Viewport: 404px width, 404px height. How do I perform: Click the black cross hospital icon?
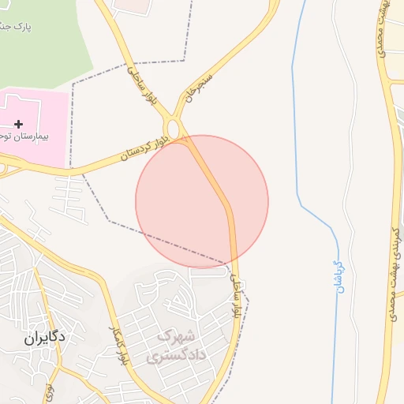(18, 124)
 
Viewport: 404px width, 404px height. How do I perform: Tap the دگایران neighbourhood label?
(39, 336)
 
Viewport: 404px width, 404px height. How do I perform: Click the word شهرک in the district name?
(175, 337)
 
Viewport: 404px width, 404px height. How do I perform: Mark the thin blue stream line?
(296, 118)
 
